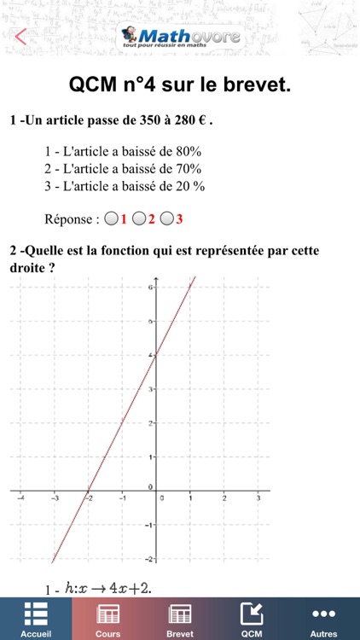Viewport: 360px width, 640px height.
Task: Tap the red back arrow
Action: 21,37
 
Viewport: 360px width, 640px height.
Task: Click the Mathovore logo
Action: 180,36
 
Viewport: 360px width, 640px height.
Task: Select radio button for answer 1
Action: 111,219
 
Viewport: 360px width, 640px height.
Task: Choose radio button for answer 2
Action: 139,219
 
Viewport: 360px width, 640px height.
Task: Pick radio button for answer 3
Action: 167,219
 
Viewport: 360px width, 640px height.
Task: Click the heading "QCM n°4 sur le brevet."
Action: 180,85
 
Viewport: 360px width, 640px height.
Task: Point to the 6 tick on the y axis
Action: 150,288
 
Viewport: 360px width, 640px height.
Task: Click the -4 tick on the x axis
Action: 20,497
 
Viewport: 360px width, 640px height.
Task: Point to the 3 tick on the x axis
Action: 258,497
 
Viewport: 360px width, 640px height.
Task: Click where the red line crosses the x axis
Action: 87,491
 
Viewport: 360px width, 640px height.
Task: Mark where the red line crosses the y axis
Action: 155,355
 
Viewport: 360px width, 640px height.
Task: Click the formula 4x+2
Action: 118,587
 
